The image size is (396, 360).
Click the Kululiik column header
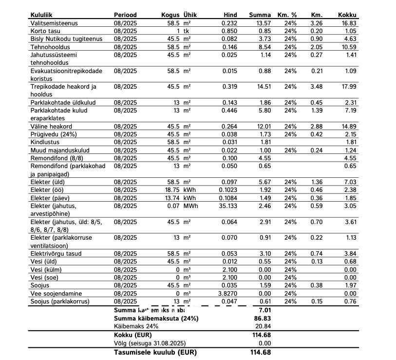[42, 15]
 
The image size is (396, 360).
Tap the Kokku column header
[347, 15]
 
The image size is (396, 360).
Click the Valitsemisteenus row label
[54, 23]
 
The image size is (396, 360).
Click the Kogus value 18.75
[171, 190]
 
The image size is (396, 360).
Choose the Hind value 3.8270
[228, 294]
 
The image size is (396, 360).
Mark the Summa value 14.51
[263, 87]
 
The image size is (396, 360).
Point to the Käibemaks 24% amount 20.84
[264, 326]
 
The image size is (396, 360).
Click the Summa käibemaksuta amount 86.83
[264, 318]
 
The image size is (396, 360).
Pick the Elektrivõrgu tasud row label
[56, 254]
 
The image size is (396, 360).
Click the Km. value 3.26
[316, 23]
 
